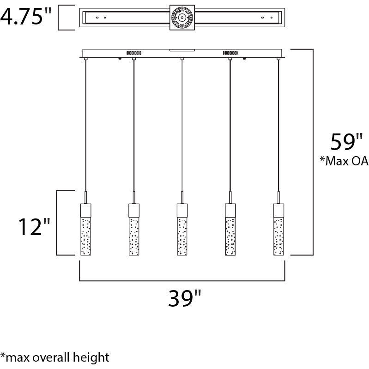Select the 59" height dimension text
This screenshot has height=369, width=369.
pyautogui.click(x=342, y=142)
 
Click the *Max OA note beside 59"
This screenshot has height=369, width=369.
pyautogui.click(x=344, y=161)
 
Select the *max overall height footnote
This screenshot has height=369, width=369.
pyautogui.click(x=55, y=357)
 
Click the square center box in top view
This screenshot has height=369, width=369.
pyautogui.click(x=181, y=18)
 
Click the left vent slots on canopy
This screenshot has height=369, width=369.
pyautogui.click(x=134, y=53)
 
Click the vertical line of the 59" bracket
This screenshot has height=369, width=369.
pyautogui.click(x=313, y=152)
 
